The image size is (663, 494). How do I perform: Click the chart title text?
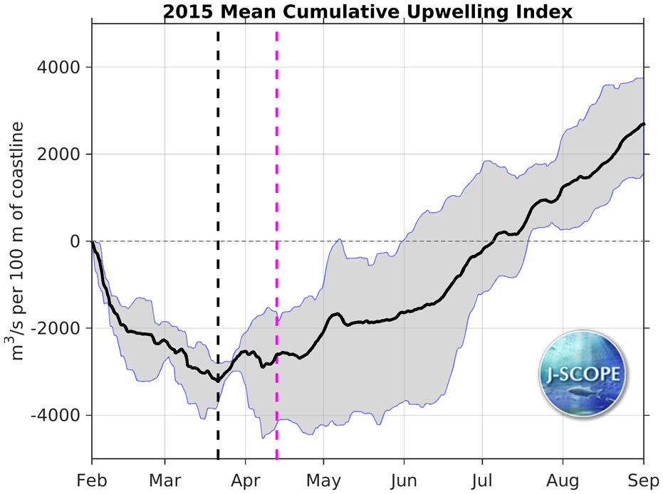[367, 11]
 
